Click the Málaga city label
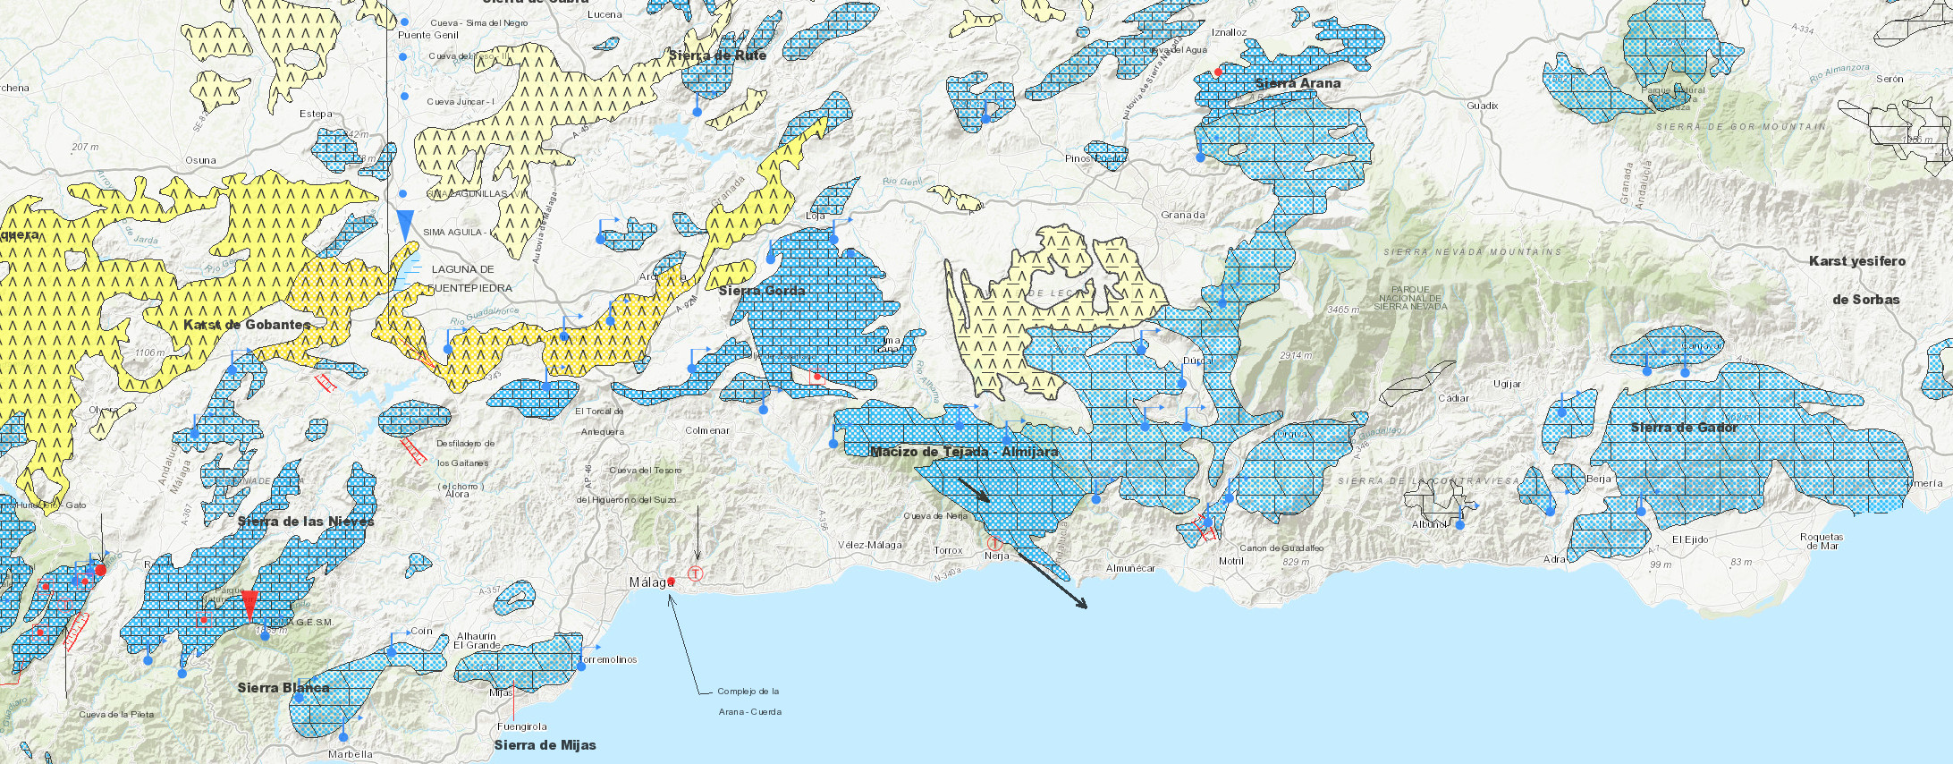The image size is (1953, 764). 650,582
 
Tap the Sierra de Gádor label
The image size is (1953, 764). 1684,428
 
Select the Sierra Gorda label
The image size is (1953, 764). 761,291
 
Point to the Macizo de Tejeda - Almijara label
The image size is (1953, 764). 964,452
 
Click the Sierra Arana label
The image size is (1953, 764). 1298,83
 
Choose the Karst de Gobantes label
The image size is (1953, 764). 247,325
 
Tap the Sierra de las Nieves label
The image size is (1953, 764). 306,522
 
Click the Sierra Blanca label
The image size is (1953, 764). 283,688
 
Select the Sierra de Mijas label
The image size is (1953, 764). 545,745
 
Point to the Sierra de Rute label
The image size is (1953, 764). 717,55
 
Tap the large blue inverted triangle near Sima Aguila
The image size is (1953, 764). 405,225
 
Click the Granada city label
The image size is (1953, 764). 1182,215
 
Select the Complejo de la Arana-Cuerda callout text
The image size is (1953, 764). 749,701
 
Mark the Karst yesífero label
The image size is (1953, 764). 1856,261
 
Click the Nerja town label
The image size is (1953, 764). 996,556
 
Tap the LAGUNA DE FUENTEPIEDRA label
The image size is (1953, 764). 469,278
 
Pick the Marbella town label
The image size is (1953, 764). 350,754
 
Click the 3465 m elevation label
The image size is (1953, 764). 1343,310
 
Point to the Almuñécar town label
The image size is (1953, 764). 1130,568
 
